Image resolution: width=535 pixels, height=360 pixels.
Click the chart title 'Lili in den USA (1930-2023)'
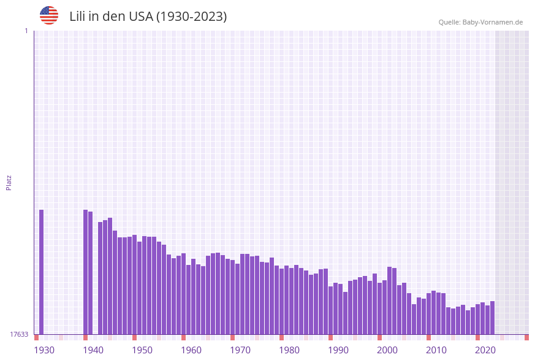click(x=148, y=17)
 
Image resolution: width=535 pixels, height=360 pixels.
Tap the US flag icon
click(x=49, y=15)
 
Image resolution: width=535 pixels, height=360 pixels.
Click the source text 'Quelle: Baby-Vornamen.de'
click(x=480, y=22)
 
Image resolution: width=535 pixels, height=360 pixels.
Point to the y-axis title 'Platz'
click(x=9, y=182)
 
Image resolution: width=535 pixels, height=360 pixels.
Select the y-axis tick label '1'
click(x=26, y=31)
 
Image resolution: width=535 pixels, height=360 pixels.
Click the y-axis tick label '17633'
click(x=19, y=334)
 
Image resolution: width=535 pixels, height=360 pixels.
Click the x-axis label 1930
click(x=44, y=350)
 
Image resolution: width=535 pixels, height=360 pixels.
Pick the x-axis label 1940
click(x=93, y=350)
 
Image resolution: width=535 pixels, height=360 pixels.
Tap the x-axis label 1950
click(x=142, y=350)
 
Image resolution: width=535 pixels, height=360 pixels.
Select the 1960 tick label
click(x=191, y=350)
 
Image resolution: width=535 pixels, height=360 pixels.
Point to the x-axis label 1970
click(x=240, y=350)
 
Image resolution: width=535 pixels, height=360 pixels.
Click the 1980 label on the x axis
click(x=289, y=350)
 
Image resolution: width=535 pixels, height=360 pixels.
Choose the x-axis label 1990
click(x=338, y=350)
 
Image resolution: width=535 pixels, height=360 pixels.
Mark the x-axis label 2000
click(x=387, y=350)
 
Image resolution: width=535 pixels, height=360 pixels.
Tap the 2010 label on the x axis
click(x=436, y=350)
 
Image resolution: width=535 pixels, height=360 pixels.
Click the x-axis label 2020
click(x=485, y=350)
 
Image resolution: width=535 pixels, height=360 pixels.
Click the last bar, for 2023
click(x=492, y=318)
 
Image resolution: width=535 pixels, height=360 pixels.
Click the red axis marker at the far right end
click(x=526, y=337)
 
